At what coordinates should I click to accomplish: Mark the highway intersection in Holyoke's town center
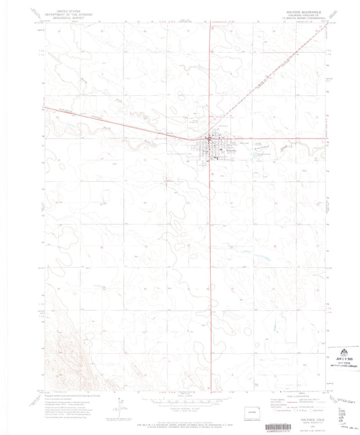click(209, 140)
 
